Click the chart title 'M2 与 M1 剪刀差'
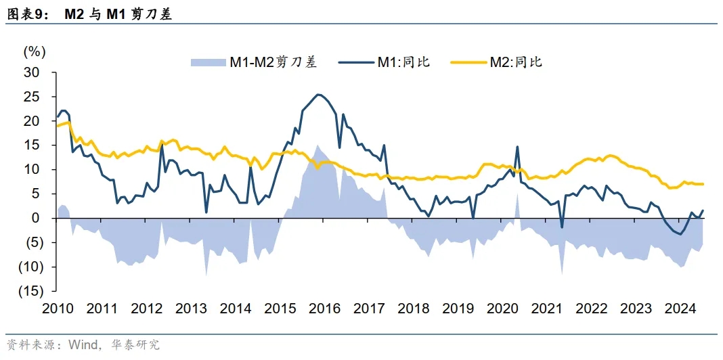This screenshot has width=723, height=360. (118, 14)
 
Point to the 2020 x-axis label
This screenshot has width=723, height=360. (502, 309)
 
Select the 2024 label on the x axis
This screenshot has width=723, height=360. (680, 309)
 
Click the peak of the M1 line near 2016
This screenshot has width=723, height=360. (319, 95)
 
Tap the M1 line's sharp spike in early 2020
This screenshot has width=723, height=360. (517, 147)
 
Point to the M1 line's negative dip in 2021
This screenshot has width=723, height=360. (562, 227)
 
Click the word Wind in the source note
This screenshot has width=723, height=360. (81, 345)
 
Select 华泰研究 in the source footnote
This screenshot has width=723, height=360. (138, 345)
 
